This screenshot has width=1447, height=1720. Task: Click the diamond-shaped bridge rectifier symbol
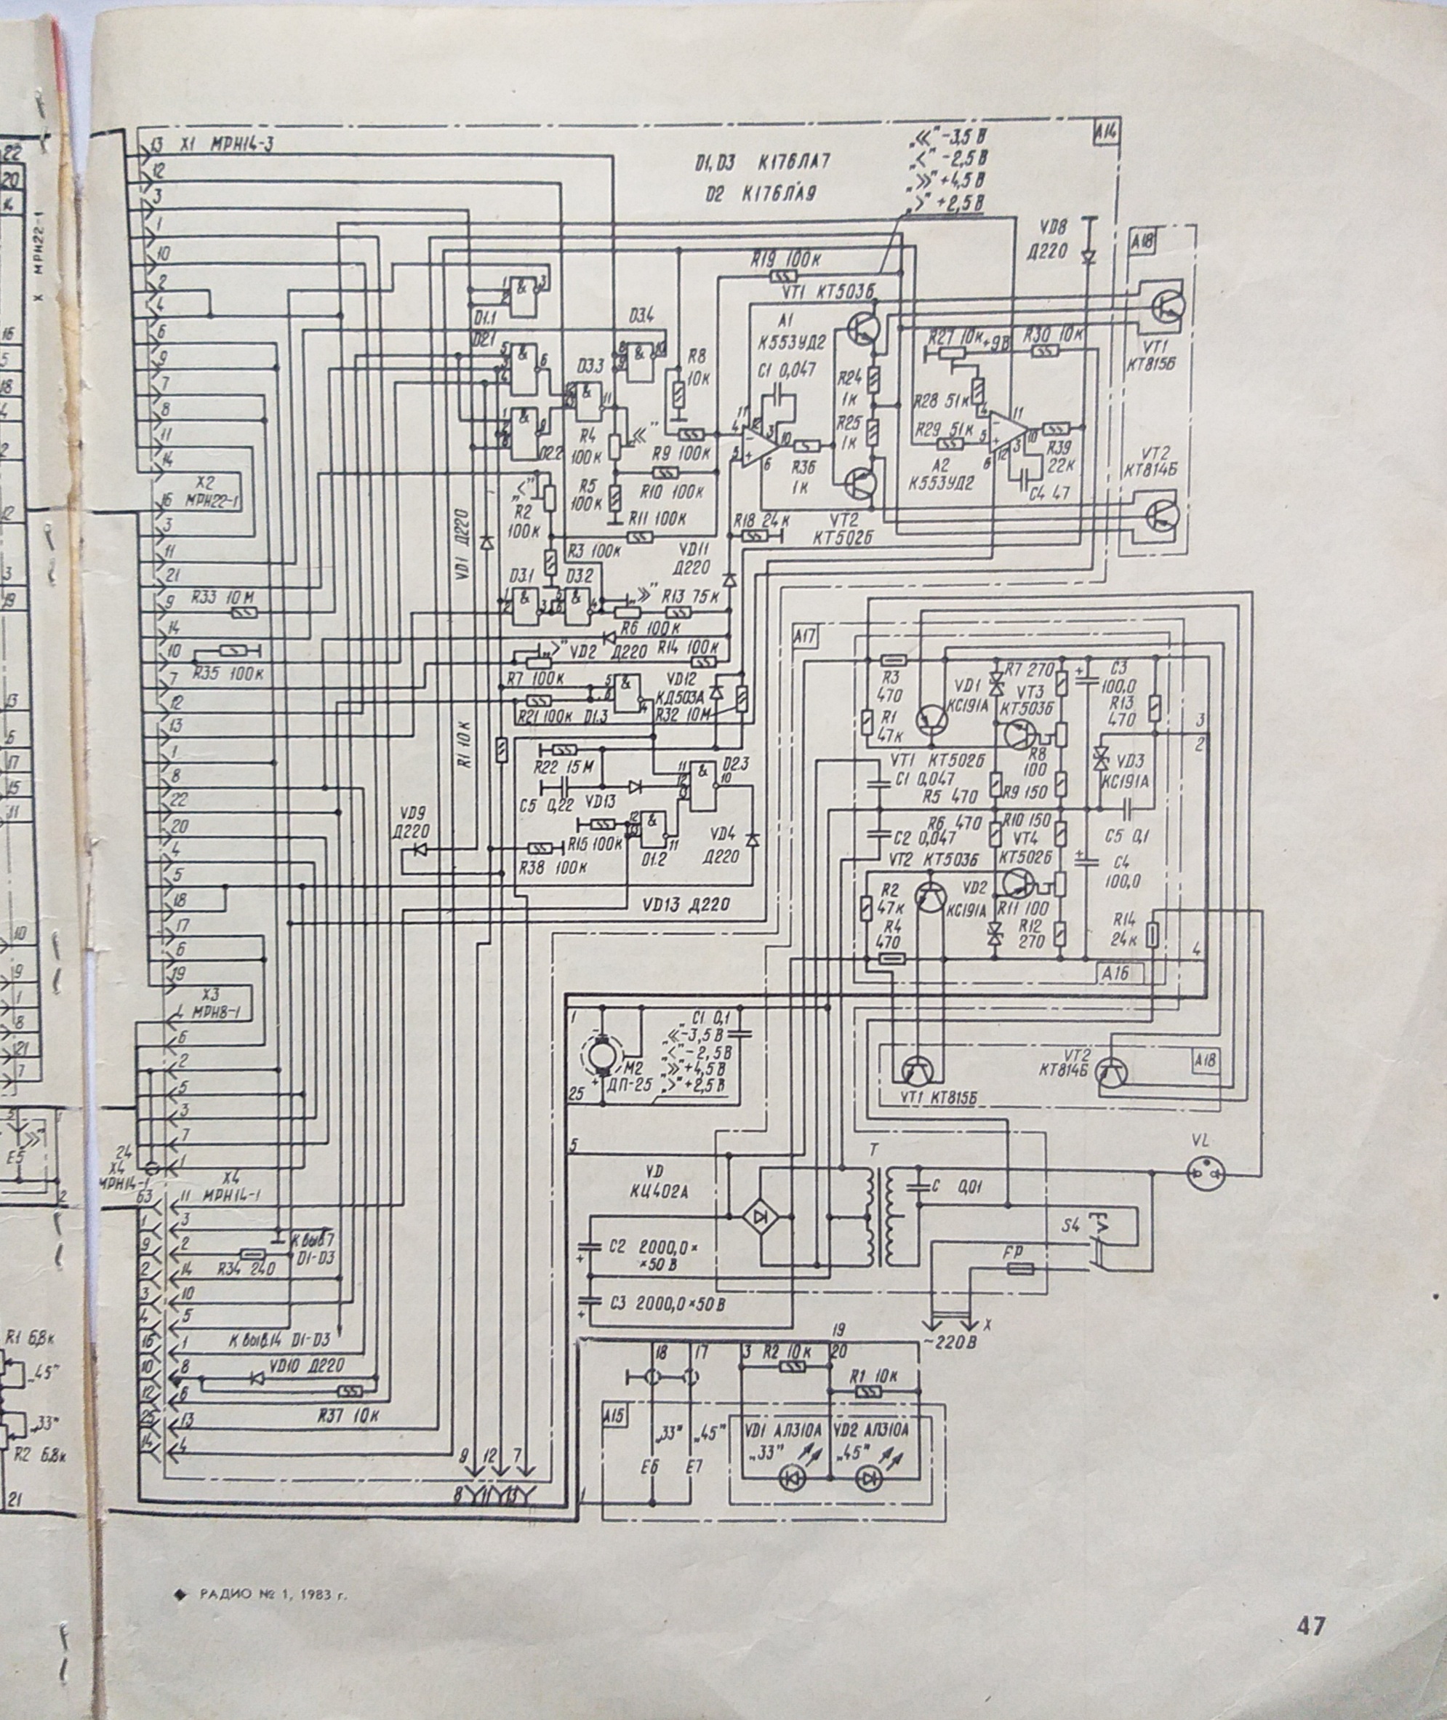pos(761,1216)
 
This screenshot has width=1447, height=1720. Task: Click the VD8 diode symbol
pos(1089,257)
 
